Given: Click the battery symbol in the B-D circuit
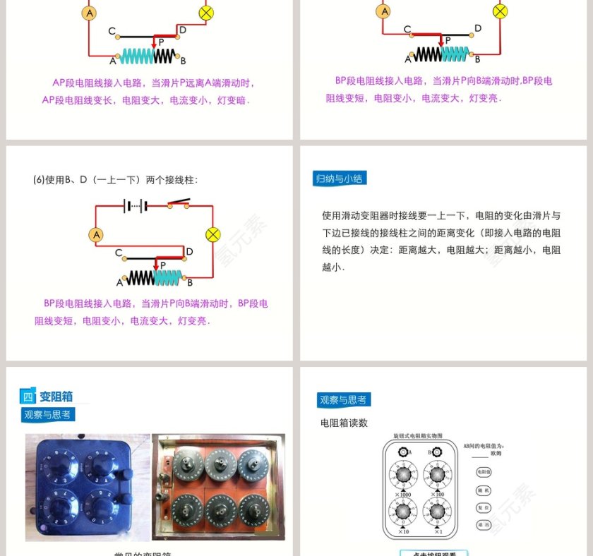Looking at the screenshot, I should [135, 205].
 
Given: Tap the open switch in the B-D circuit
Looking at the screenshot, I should [179, 205].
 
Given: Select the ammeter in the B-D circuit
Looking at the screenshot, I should [97, 234].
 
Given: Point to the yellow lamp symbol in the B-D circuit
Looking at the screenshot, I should [212, 234].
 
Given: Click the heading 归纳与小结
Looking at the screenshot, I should [340, 179].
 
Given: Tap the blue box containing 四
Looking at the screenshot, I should [28, 397].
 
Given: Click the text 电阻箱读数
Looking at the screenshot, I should [344, 423].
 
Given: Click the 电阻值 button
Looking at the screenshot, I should [484, 471].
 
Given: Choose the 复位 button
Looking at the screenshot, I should [484, 507].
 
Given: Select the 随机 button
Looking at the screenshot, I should [484, 489].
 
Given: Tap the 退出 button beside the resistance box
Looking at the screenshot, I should [484, 524].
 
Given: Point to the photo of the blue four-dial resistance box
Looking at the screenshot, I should [88, 487].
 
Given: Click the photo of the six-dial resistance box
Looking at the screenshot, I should [219, 487].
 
